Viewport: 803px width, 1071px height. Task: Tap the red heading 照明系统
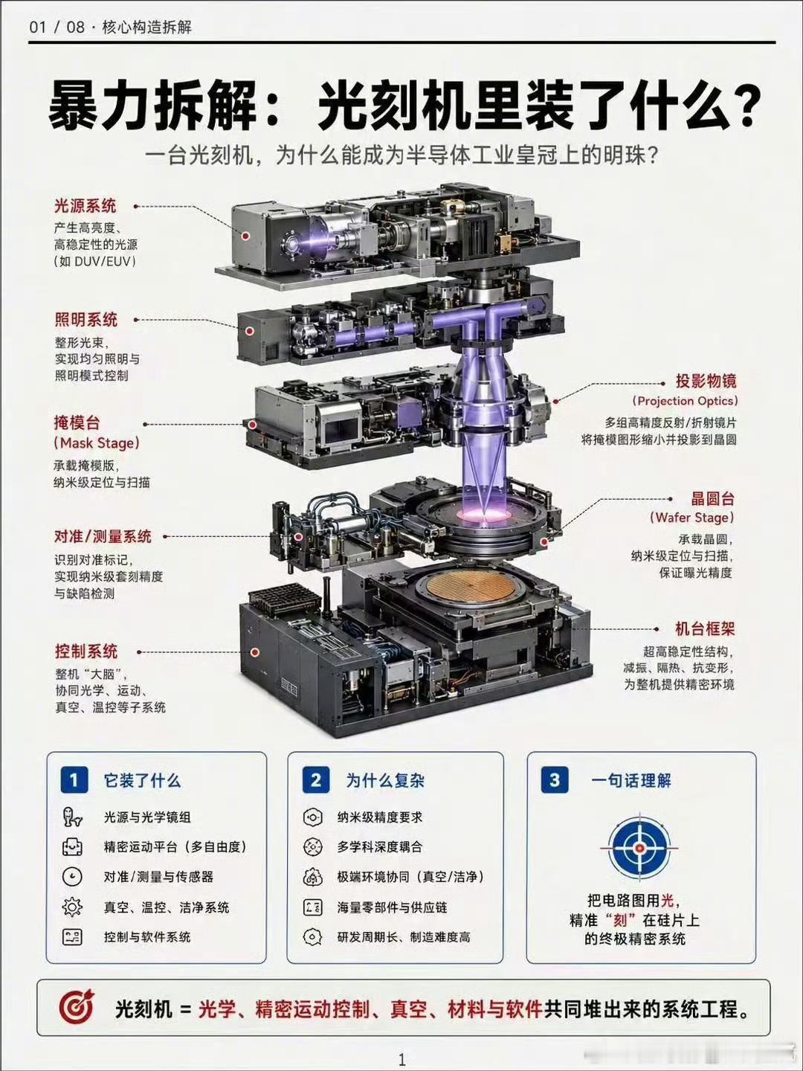pyautogui.click(x=86, y=320)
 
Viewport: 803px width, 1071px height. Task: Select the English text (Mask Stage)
pyautogui.click(x=97, y=443)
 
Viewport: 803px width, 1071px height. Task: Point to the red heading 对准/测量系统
pyautogui.click(x=103, y=537)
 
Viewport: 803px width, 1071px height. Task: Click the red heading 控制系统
pyautogui.click(x=86, y=652)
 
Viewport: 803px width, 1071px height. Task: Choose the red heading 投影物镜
pyautogui.click(x=706, y=381)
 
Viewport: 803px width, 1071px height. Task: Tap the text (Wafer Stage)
pyautogui.click(x=691, y=518)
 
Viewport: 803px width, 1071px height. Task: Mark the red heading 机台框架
pyautogui.click(x=705, y=629)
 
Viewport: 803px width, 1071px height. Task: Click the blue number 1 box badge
pyautogui.click(x=74, y=779)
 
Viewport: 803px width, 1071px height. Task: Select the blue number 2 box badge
pyautogui.click(x=316, y=779)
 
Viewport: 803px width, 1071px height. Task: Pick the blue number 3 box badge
pyautogui.click(x=555, y=779)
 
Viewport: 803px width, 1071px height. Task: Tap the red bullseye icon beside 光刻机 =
pyautogui.click(x=77, y=1006)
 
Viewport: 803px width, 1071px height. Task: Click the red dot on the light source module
pyautogui.click(x=246, y=236)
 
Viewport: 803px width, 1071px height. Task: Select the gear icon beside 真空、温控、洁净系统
pyautogui.click(x=72, y=907)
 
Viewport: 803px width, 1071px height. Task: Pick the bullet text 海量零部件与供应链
pyautogui.click(x=392, y=907)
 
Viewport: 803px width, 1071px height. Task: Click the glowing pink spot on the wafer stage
pyautogui.click(x=483, y=514)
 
